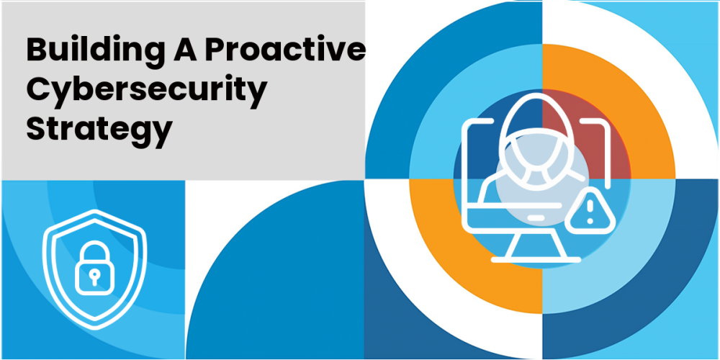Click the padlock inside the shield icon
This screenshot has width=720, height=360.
coord(94,268)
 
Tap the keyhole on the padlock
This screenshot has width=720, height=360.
coord(94,277)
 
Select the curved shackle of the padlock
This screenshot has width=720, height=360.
coord(94,251)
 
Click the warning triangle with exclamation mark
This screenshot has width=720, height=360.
coord(590,211)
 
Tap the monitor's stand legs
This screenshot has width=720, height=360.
coord(536,245)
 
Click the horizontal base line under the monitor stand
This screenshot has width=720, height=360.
coord(536,260)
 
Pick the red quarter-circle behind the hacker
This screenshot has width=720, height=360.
coord(579,138)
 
